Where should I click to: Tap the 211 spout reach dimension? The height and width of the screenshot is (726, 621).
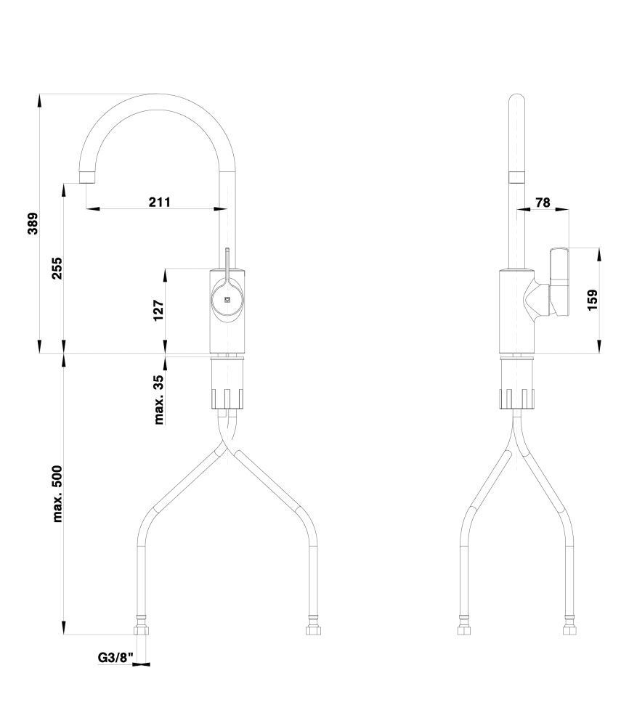point(159,202)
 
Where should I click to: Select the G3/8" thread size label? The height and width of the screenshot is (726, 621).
point(116,658)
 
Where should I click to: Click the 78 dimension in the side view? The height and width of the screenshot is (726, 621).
point(543,203)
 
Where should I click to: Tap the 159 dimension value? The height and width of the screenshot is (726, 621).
point(592,301)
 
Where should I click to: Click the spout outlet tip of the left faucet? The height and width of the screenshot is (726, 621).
point(87,176)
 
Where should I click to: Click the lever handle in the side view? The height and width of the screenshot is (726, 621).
point(559,283)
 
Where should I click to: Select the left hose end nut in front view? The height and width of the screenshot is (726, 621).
point(142,626)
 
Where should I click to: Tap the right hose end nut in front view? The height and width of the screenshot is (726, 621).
point(313,626)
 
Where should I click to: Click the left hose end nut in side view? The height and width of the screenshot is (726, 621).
point(463,626)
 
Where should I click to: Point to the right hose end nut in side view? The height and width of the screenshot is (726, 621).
point(571,626)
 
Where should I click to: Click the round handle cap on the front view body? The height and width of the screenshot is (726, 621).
point(227,300)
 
